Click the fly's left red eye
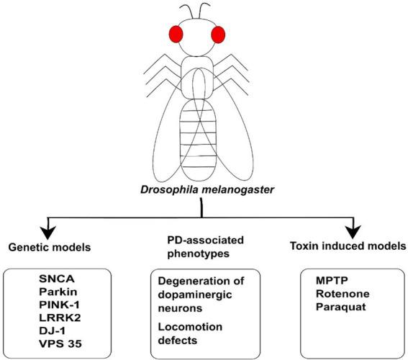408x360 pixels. pyautogui.click(x=177, y=35)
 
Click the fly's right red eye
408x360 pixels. pyautogui.click(x=219, y=35)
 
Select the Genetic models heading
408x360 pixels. pyautogui.click(x=49, y=246)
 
